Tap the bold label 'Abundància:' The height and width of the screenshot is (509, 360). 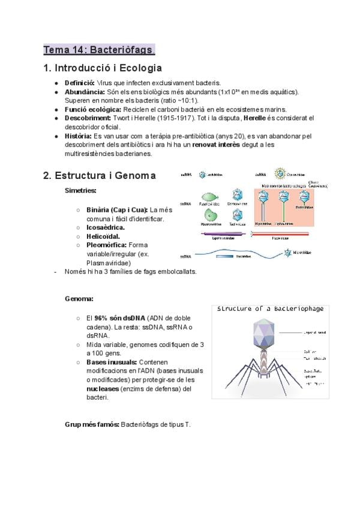(x=84, y=91)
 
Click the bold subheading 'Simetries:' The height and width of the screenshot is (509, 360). (x=80, y=190)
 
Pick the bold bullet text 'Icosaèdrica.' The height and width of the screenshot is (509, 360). (x=106, y=227)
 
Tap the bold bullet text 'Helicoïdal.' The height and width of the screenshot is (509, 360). (x=103, y=236)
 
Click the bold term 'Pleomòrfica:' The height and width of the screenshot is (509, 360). (x=106, y=245)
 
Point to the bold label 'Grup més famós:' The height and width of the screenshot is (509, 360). (x=92, y=424)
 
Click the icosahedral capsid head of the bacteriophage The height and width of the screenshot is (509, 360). (x=261, y=332)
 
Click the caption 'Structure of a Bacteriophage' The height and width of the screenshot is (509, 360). (x=269, y=309)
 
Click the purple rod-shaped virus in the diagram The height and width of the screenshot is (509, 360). (x=223, y=234)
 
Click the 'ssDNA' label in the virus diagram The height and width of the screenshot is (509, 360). (x=187, y=256)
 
